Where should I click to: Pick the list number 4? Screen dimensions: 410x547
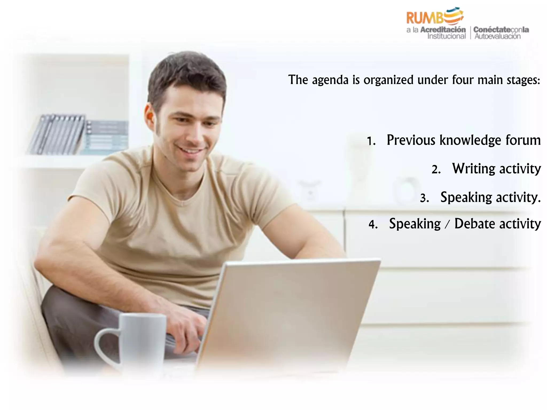click(x=373, y=225)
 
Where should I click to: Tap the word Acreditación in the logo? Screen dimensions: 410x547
click(x=443, y=30)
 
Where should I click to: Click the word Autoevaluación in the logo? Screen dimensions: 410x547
click(x=497, y=37)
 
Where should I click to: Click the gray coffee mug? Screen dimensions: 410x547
click(x=142, y=339)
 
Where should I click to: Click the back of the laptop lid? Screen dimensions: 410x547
click(x=288, y=307)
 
